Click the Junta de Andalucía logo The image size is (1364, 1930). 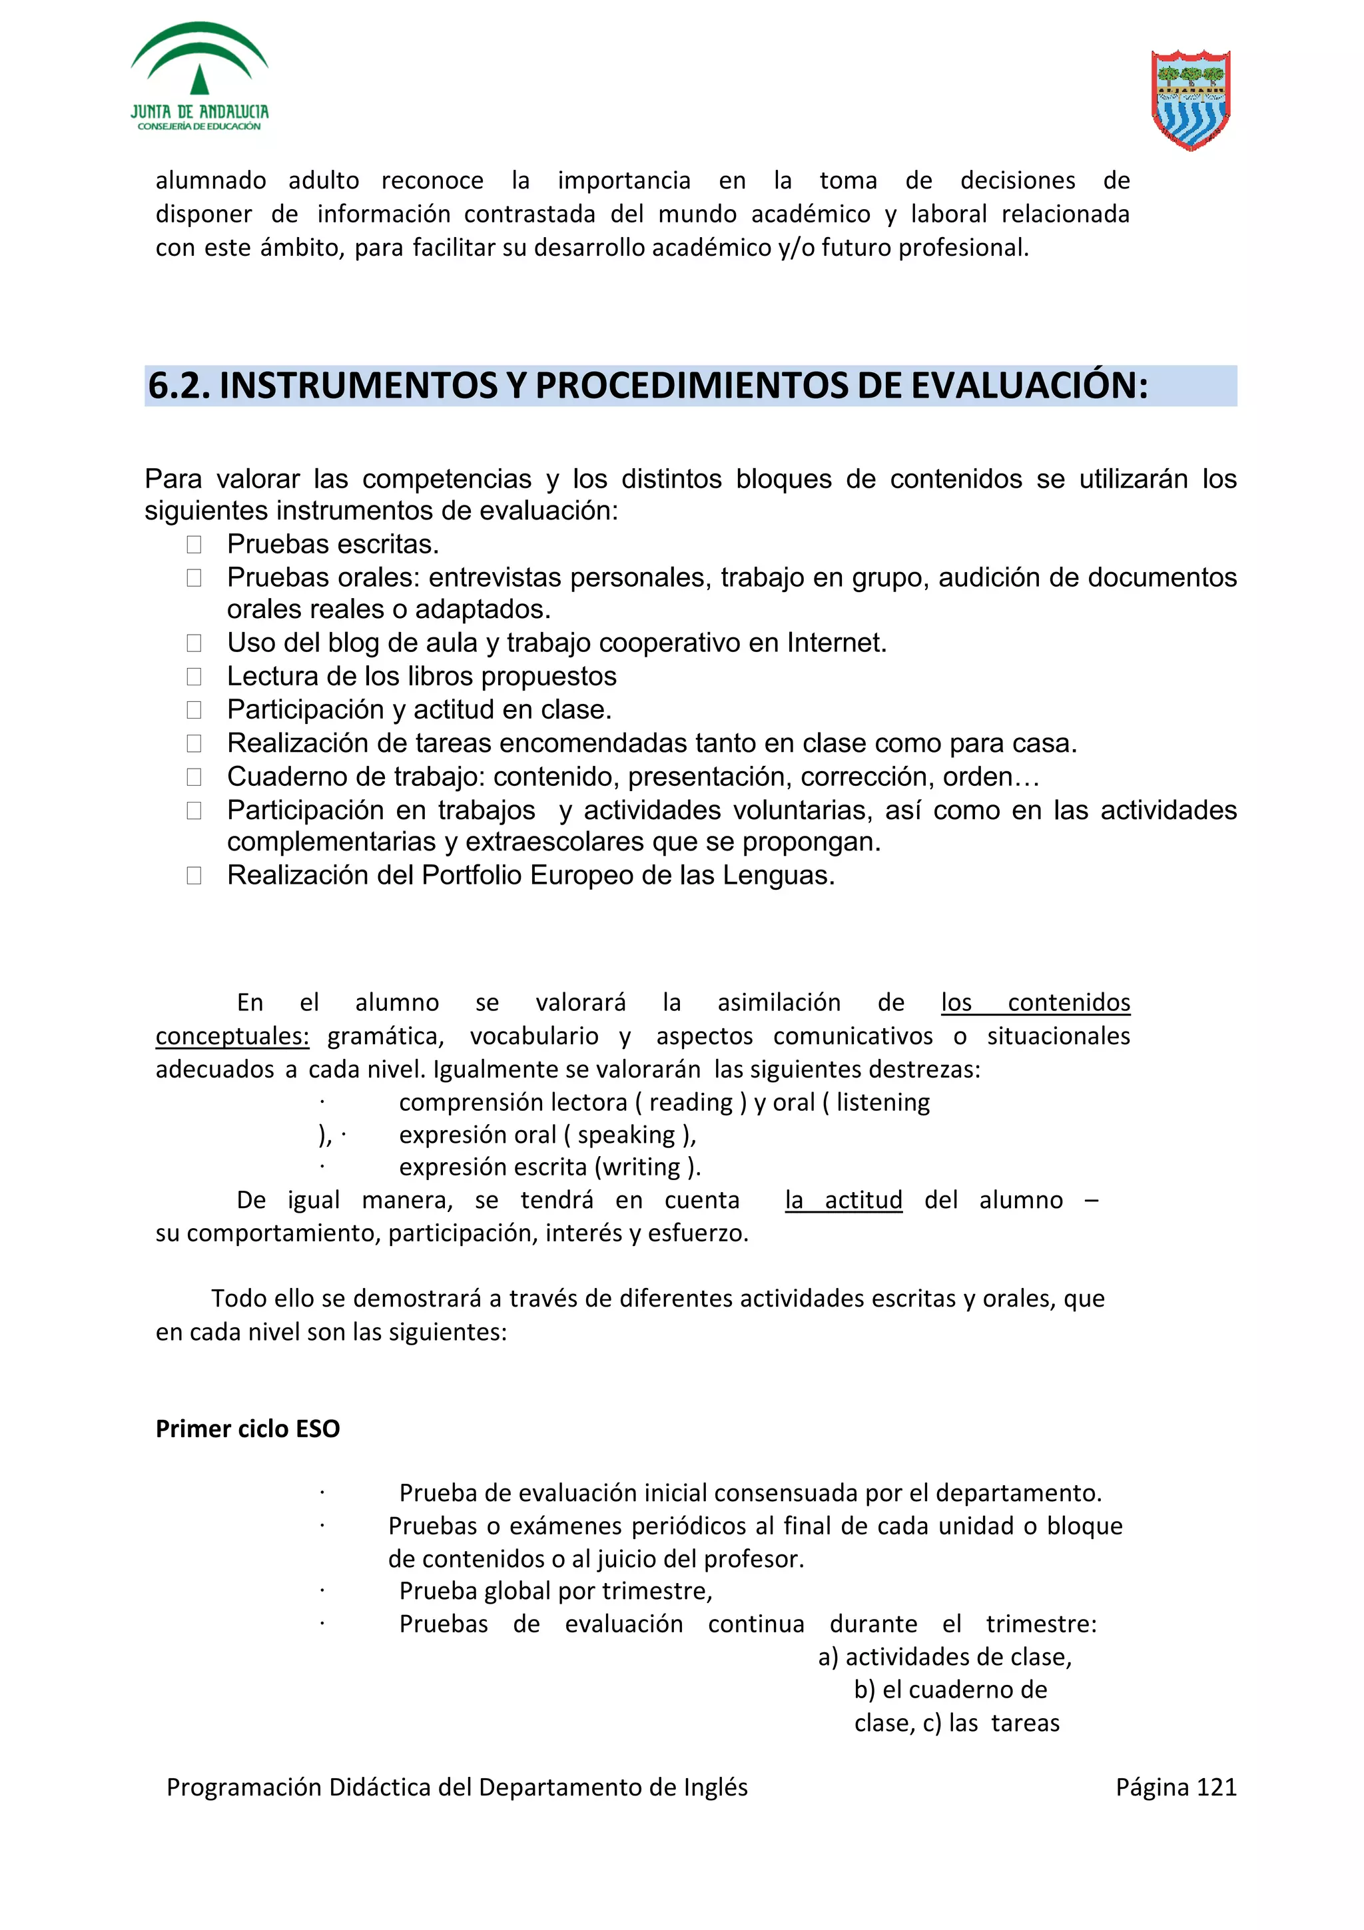199,77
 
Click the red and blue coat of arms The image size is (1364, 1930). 1190,99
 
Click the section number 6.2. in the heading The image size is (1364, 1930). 178,386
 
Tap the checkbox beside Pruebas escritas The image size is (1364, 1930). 194,545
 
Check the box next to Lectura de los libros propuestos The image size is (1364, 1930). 194,677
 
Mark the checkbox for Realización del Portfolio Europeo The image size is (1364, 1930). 194,876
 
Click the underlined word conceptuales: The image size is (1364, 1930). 232,1036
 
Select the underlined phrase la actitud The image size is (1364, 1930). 843,1199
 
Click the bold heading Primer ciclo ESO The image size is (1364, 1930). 248,1429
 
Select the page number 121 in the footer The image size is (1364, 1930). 1216,1787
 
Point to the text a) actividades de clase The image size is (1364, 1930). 944,1657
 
